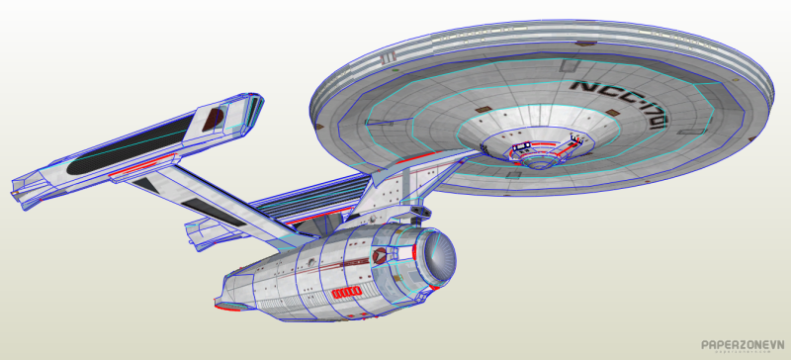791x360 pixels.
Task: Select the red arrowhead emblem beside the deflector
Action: (x=384, y=254)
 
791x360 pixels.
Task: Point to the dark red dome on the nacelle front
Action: (x=212, y=121)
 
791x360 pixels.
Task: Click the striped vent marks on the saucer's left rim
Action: (x=391, y=58)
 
